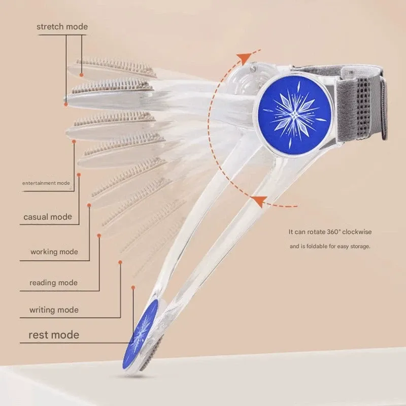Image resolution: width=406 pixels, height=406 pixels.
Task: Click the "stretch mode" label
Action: coord(62,26)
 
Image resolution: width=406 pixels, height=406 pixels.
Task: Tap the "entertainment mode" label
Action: coord(46,183)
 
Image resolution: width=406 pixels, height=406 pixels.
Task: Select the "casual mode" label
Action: coord(48,217)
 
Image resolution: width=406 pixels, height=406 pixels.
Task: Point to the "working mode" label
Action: coord(54,252)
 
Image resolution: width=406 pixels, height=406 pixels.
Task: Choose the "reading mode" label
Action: coord(53,283)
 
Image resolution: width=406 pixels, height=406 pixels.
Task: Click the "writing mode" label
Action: coord(54,310)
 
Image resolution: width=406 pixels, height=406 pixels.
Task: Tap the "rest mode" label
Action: coord(54,335)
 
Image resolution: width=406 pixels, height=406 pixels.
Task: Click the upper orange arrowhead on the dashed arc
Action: coord(246,57)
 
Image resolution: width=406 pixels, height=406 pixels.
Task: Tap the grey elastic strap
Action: coord(365,101)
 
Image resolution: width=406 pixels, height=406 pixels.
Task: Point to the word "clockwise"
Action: coord(357,232)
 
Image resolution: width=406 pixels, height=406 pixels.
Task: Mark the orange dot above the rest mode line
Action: coord(133,287)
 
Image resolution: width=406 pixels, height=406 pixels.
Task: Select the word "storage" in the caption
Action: coord(359,246)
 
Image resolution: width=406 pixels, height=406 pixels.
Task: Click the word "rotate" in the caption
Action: coord(313,232)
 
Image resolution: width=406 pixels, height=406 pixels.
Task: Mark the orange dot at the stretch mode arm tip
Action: coord(66,104)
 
